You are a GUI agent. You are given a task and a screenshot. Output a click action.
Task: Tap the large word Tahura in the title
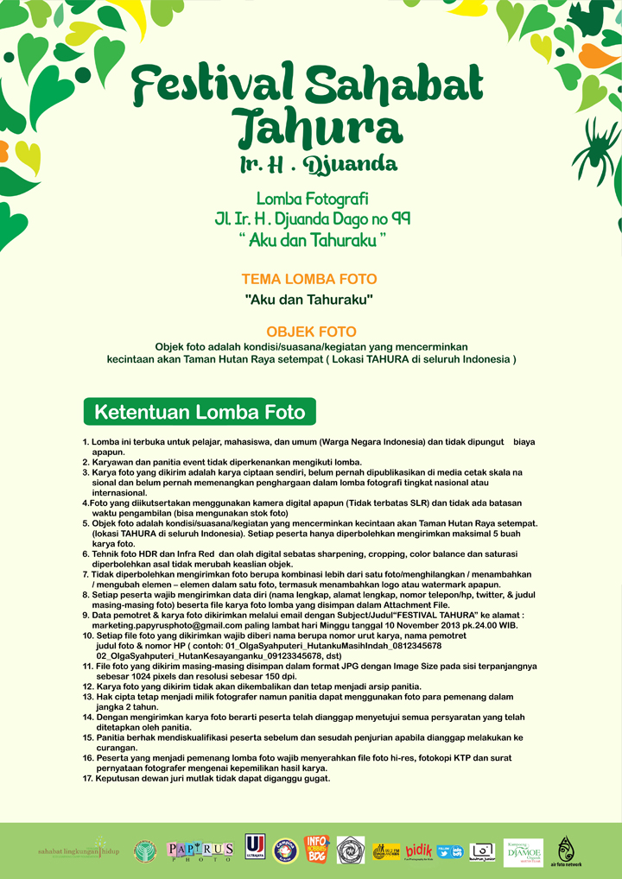click(319, 129)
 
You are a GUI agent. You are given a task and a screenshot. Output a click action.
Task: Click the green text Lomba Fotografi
click(312, 199)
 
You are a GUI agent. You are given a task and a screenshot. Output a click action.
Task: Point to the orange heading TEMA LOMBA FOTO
click(309, 280)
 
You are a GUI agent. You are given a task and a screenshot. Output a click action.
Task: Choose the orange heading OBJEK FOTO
click(311, 332)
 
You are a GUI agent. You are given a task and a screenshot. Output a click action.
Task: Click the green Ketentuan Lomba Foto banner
click(200, 411)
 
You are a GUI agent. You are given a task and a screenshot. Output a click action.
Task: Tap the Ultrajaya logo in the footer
click(255, 849)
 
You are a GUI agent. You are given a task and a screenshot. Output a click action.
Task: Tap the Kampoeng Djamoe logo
click(524, 851)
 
